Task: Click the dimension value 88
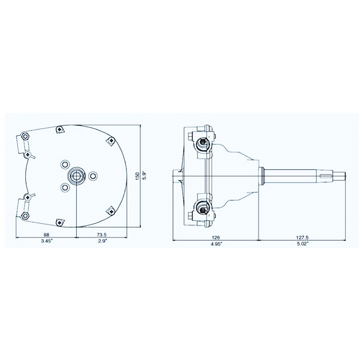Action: pos(46,235)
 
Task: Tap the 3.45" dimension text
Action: pos(47,241)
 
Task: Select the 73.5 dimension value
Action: pos(102,235)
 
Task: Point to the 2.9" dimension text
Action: pos(103,241)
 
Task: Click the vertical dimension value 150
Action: pos(137,176)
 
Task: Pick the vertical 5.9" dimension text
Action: pos(144,176)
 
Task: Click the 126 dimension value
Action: pos(215,238)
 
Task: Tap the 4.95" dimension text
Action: pos(217,244)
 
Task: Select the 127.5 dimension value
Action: pos(302,238)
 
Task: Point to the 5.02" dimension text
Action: pos(302,244)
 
